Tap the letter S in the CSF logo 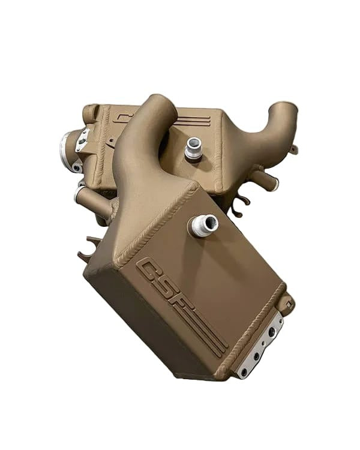point(166,285)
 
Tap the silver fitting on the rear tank point(193,148)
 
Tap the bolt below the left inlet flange point(77,167)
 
